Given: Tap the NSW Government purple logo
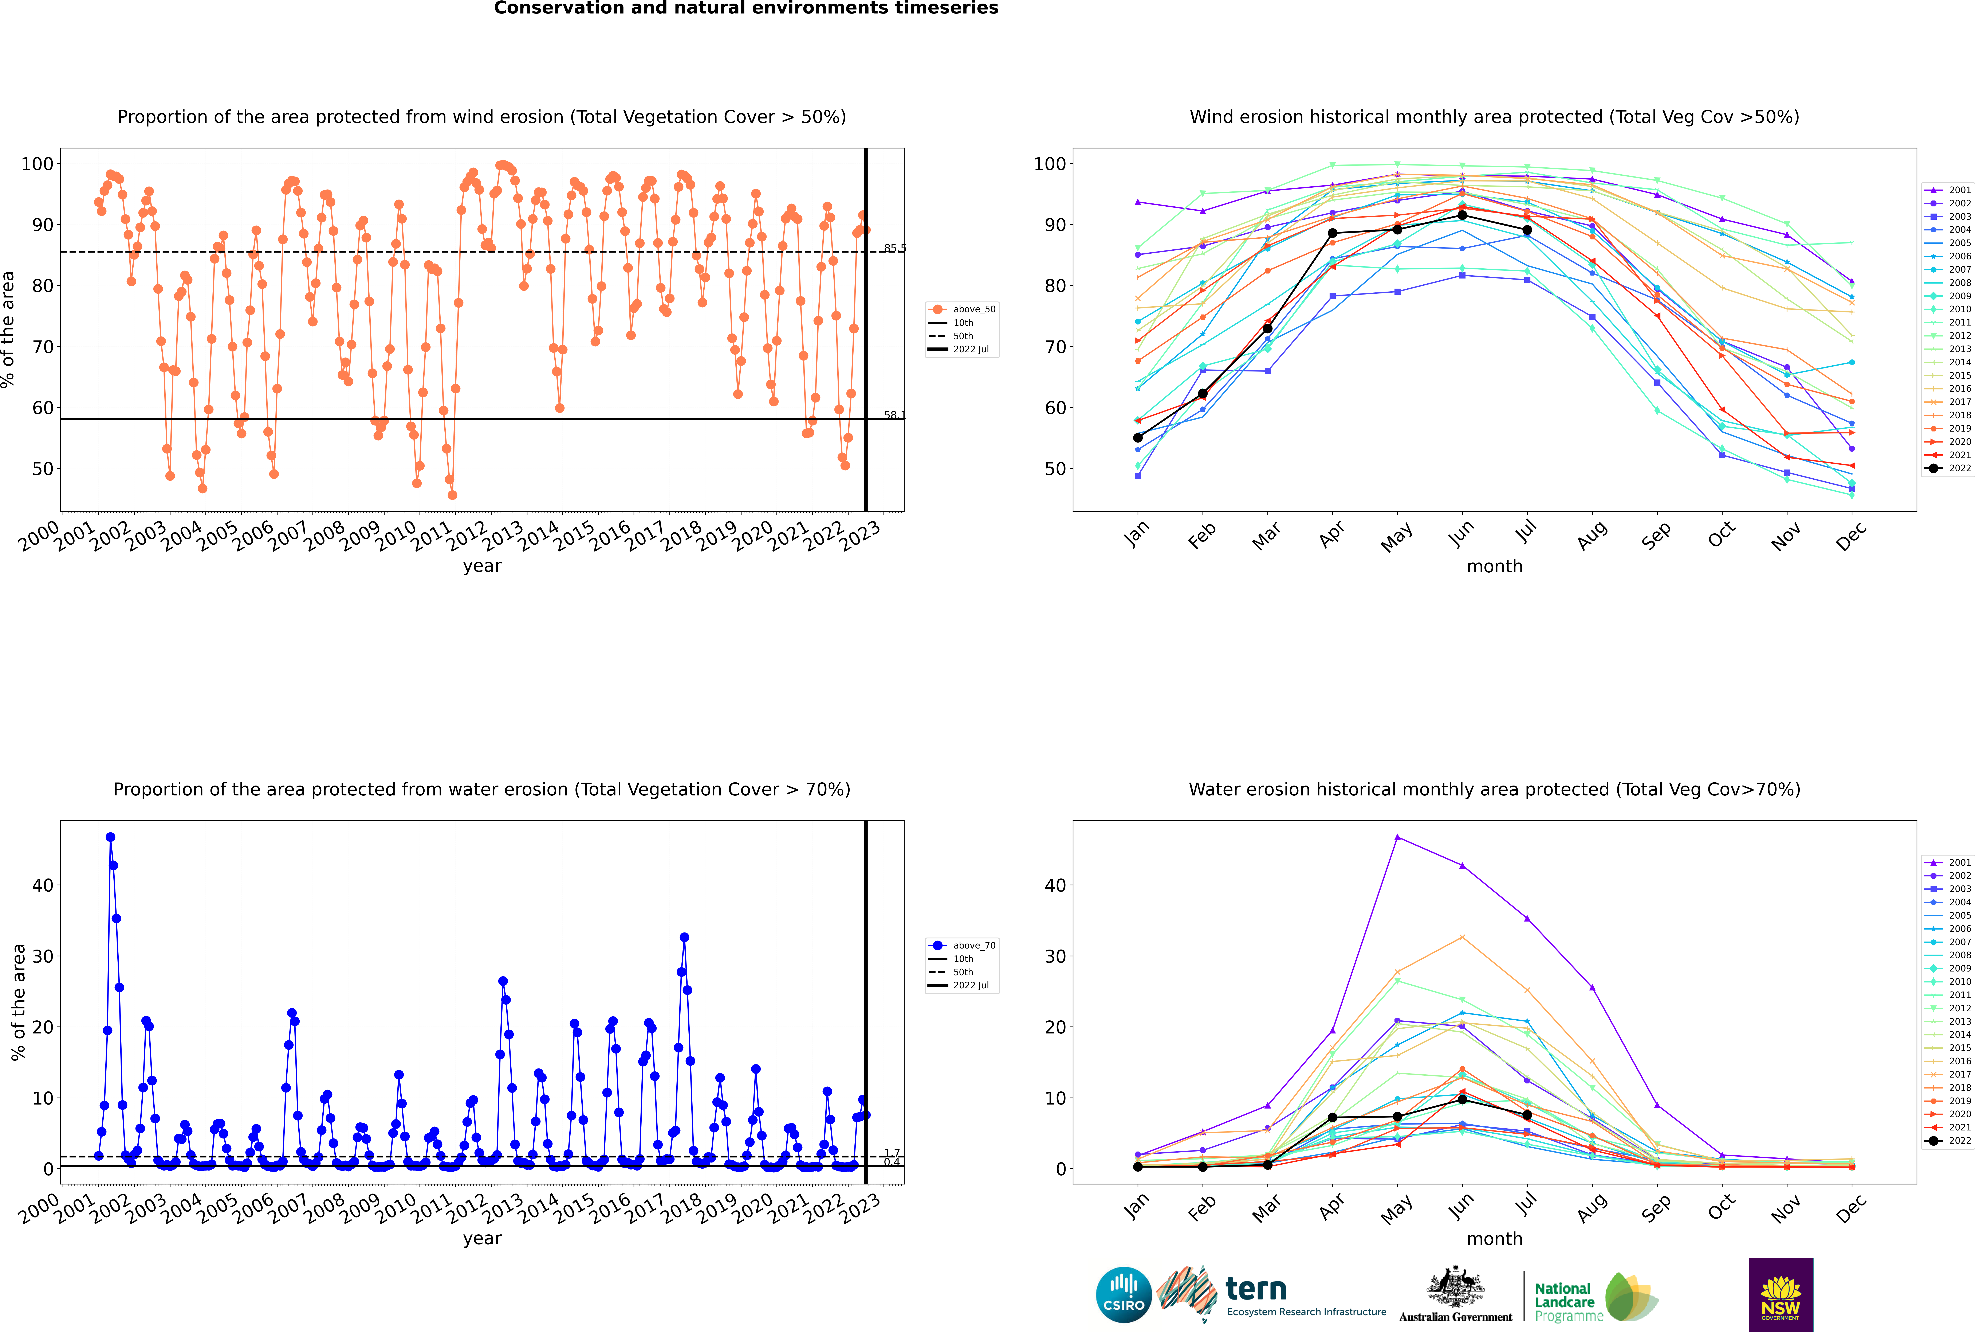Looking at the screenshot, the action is (x=1781, y=1295).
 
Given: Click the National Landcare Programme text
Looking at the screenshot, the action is (x=1568, y=1302).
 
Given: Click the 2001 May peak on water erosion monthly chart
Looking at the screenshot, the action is (x=1398, y=838).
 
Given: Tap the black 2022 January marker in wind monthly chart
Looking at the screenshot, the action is (x=1138, y=437).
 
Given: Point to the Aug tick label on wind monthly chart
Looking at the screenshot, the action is (x=1591, y=535).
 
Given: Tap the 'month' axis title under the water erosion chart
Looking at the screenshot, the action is (x=1494, y=1239).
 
